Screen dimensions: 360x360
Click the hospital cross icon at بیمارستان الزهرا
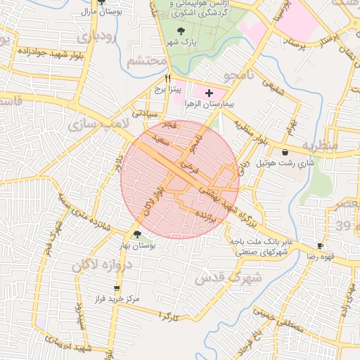coord(209,93)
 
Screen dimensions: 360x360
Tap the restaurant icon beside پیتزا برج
coord(167,79)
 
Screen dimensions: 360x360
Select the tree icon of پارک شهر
coord(182,31)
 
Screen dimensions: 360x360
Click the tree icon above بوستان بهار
coord(136,235)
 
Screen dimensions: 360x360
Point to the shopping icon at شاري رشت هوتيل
coord(284,152)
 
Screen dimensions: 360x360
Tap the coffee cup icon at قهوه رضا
coord(321,245)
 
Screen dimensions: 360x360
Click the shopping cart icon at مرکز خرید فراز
coord(117,288)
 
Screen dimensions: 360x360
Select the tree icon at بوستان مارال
coord(101,2)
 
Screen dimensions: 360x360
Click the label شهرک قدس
coord(237,277)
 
